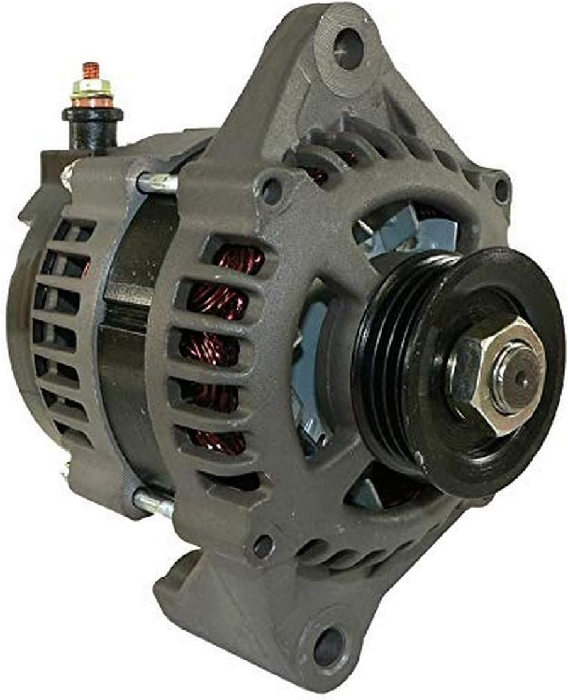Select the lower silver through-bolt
click(153, 502)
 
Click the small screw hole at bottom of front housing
click(264, 546)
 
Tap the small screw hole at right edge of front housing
click(501, 187)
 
